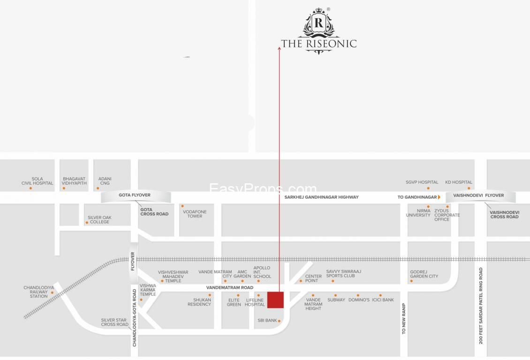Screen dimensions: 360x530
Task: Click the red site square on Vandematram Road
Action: pyautogui.click(x=275, y=300)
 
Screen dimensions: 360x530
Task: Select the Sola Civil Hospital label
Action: pyautogui.click(x=37, y=181)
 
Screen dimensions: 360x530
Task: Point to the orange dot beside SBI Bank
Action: pyautogui.click(x=279, y=321)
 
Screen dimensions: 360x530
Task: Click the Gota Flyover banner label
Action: pyautogui.click(x=135, y=195)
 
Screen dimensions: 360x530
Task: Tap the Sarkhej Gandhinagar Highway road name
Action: pyautogui.click(x=321, y=197)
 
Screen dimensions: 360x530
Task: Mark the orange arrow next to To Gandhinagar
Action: pyautogui.click(x=439, y=197)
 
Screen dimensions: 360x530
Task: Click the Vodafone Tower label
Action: pyautogui.click(x=195, y=214)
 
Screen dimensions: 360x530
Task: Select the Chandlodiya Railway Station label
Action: pyautogui.click(x=38, y=292)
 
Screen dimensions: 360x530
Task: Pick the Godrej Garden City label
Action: pyautogui.click(x=424, y=274)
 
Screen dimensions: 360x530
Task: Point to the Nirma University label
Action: pyautogui.click(x=418, y=213)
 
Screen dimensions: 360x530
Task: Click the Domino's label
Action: pyautogui.click(x=359, y=300)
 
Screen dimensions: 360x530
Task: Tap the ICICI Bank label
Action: pyautogui.click(x=383, y=300)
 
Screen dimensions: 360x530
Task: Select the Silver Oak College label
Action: pyautogui.click(x=99, y=219)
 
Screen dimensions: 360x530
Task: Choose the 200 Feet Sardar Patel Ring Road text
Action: pyautogui.click(x=481, y=306)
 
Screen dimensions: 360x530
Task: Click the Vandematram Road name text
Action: pyautogui.click(x=230, y=287)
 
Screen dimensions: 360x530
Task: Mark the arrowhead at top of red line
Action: pyautogui.click(x=280, y=48)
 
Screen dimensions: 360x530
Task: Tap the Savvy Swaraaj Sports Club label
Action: pyautogui.click(x=343, y=274)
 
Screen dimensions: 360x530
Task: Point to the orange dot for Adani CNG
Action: pyautogui.click(x=98, y=188)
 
